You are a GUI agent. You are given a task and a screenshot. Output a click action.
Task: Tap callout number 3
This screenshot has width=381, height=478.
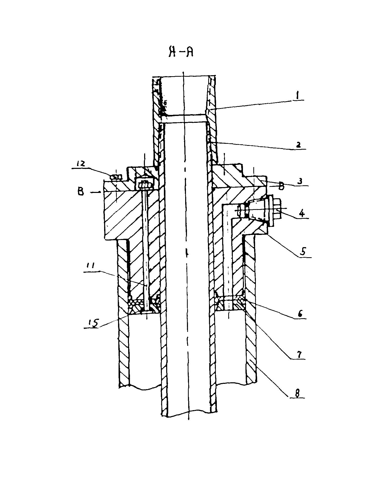(x=299, y=181)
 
